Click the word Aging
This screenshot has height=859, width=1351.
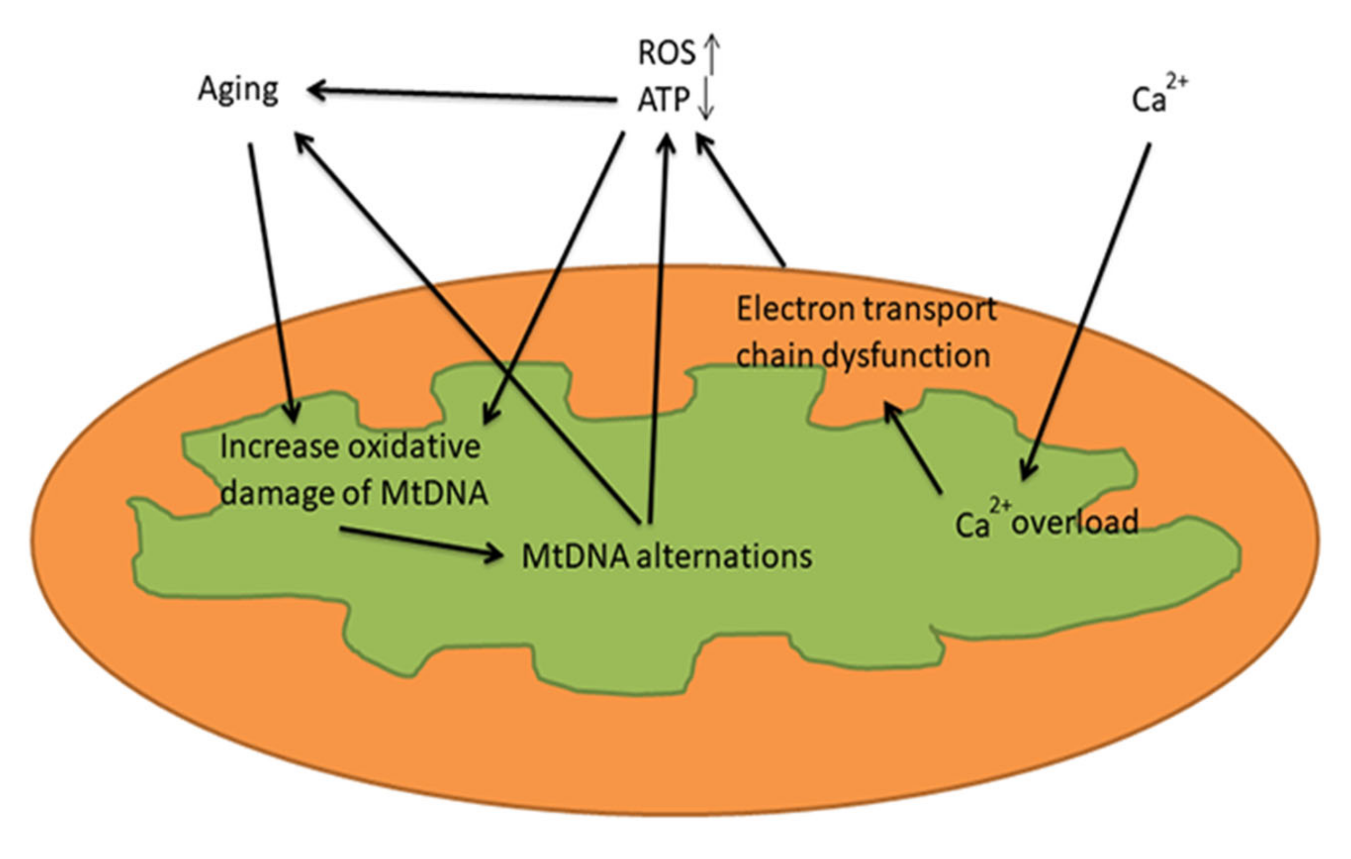238,90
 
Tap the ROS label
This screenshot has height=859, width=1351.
666,53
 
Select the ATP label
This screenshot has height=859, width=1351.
663,100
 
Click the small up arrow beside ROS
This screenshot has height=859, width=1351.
712,54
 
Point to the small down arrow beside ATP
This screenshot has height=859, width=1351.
707,101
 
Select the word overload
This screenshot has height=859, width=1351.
1075,522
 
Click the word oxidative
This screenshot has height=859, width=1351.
414,447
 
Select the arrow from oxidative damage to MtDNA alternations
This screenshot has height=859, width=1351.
421,542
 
